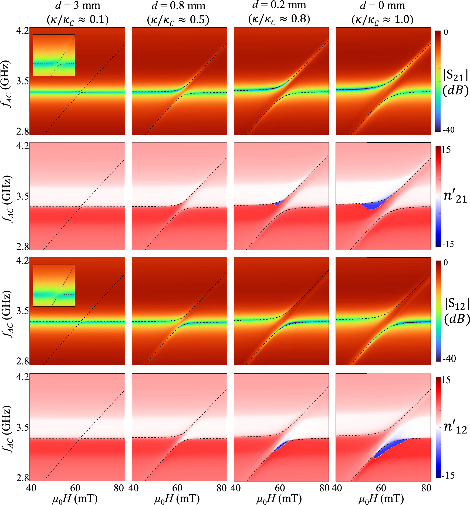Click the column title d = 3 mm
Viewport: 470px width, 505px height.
[x=77, y=5]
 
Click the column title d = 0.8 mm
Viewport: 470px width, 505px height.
[x=178, y=5]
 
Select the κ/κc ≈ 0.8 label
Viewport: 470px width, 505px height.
[x=279, y=19]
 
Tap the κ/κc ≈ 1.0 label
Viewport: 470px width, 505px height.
[x=382, y=19]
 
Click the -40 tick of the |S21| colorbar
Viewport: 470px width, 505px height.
[x=449, y=130]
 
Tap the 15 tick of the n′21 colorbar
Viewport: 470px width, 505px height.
[x=446, y=150]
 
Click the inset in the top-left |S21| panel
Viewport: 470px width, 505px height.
[x=54, y=55]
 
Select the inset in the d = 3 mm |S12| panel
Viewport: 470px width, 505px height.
[x=54, y=286]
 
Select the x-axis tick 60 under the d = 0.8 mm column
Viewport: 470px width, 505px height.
[x=177, y=488]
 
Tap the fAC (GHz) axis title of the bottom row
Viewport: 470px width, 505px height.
[x=7, y=429]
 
